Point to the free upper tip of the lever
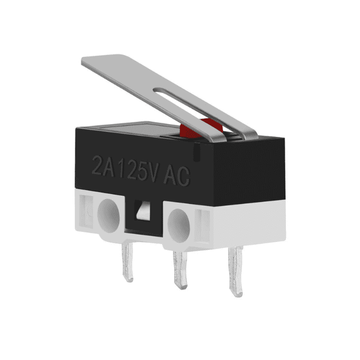88,61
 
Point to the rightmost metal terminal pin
235,273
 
